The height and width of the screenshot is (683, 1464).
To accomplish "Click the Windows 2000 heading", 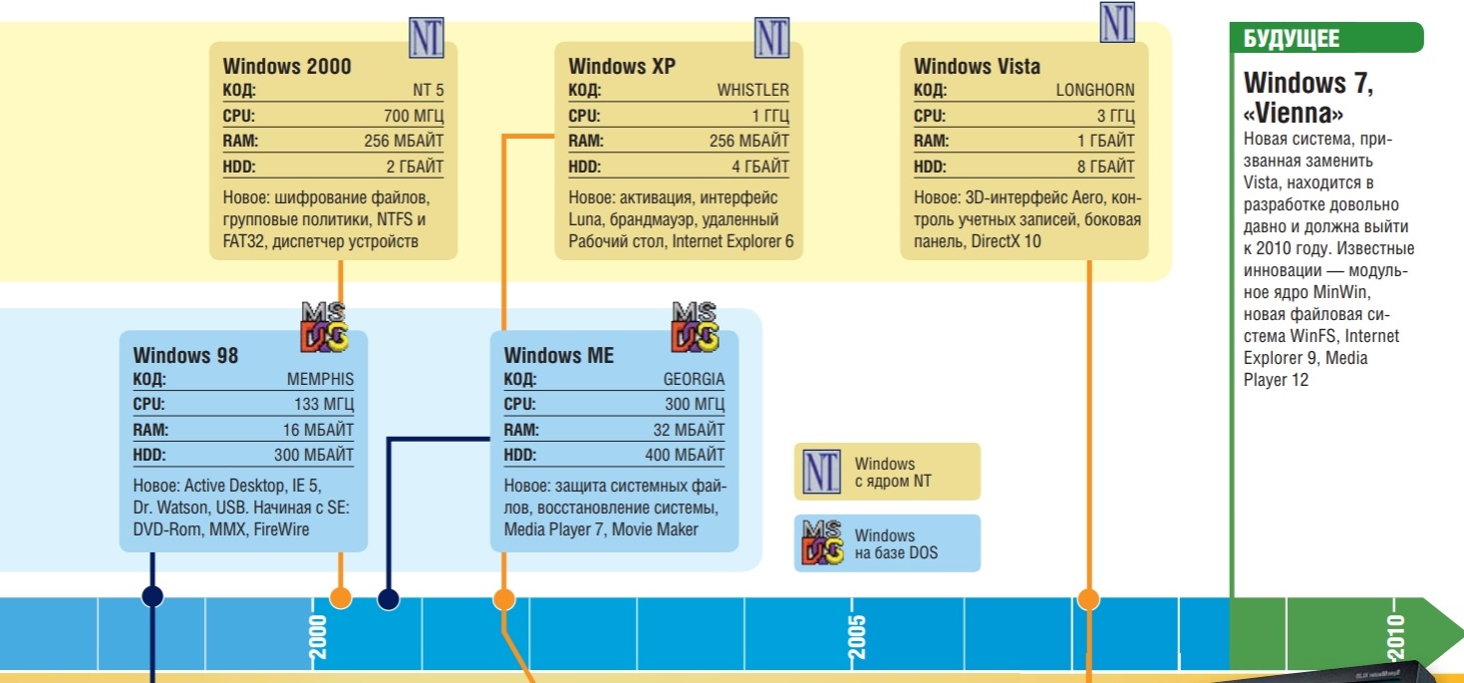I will pos(287,67).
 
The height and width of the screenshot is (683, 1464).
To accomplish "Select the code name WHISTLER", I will pos(752,90).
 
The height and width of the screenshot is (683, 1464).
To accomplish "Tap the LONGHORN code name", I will pos(1095,90).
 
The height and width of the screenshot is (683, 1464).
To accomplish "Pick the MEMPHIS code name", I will pos(320,380).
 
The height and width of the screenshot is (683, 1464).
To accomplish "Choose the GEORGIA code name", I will pos(694,380).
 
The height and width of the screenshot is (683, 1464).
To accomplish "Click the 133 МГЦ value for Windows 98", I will pos(320,405).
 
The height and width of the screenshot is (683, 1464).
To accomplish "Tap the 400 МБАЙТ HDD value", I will pos(685,456).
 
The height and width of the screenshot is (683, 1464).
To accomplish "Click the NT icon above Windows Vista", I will pos(1117,22).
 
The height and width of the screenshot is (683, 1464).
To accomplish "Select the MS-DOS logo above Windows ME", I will pos(696,326).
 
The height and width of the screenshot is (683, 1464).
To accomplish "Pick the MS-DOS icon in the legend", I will pos(822,542).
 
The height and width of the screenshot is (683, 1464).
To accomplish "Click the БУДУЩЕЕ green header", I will pos(1292,39).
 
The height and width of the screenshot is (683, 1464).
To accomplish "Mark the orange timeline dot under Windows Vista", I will pos(1088,598).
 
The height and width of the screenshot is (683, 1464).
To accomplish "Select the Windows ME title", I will pos(559,355).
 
